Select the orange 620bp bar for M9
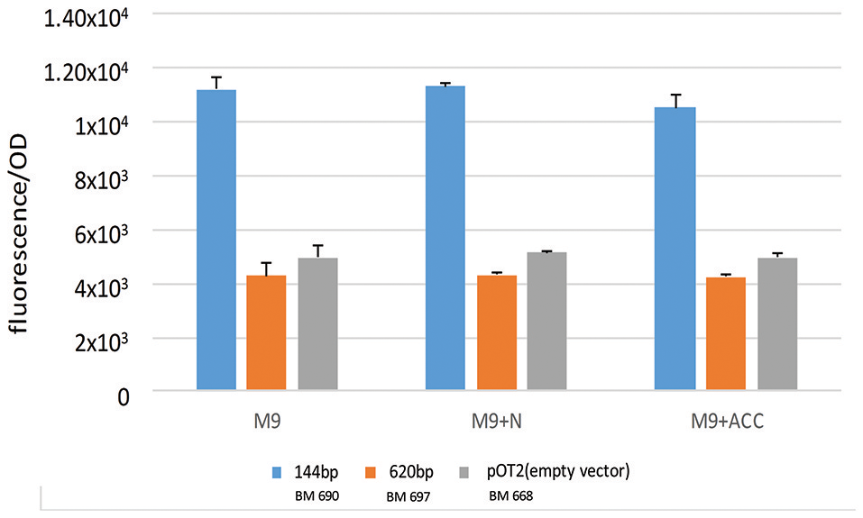click(x=266, y=333)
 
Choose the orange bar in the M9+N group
click(x=496, y=333)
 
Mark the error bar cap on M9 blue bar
click(x=216, y=77)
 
